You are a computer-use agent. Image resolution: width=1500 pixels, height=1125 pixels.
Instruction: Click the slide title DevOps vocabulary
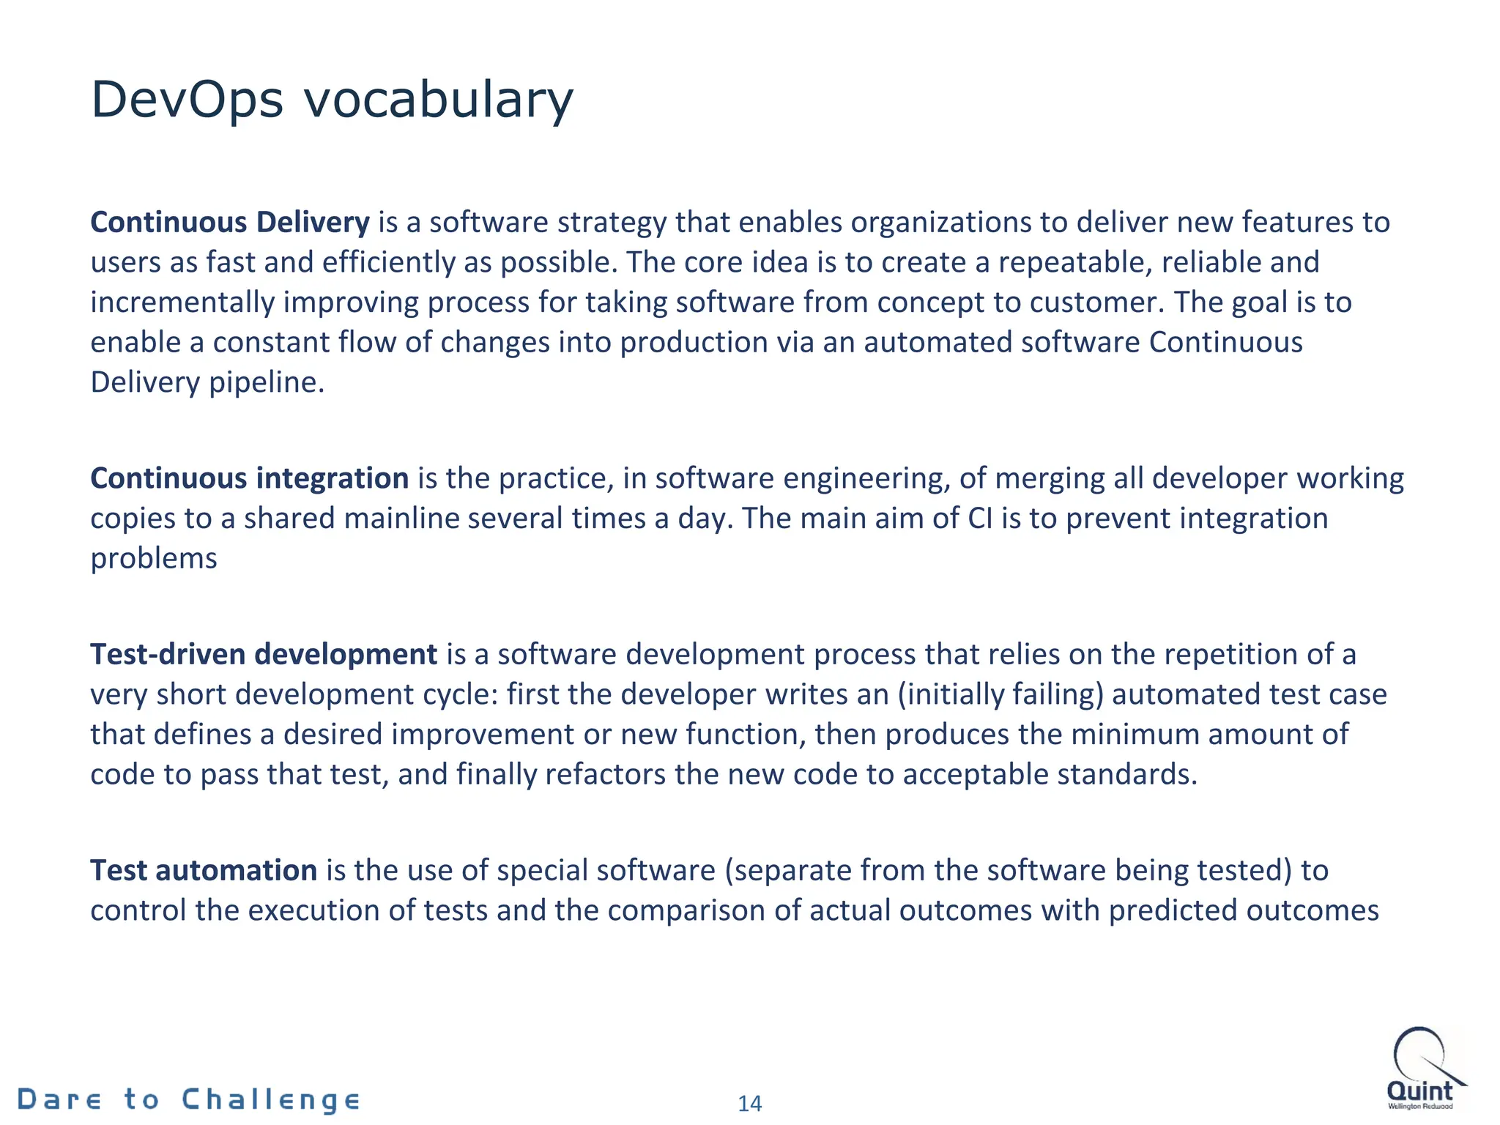[x=332, y=100]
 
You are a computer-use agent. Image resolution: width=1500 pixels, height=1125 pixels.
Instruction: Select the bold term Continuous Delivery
[x=230, y=222]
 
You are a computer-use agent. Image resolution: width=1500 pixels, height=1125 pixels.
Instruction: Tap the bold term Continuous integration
[x=249, y=478]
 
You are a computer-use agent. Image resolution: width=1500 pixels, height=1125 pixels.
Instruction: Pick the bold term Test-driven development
[x=264, y=654]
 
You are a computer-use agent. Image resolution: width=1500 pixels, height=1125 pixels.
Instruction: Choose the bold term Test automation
[x=204, y=870]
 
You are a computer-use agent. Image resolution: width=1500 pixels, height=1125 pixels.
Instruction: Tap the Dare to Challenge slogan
[x=189, y=1099]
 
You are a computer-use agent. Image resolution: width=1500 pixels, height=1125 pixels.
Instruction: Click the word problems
[x=154, y=559]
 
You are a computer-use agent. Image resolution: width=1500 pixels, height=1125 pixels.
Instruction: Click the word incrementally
[x=182, y=302]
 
